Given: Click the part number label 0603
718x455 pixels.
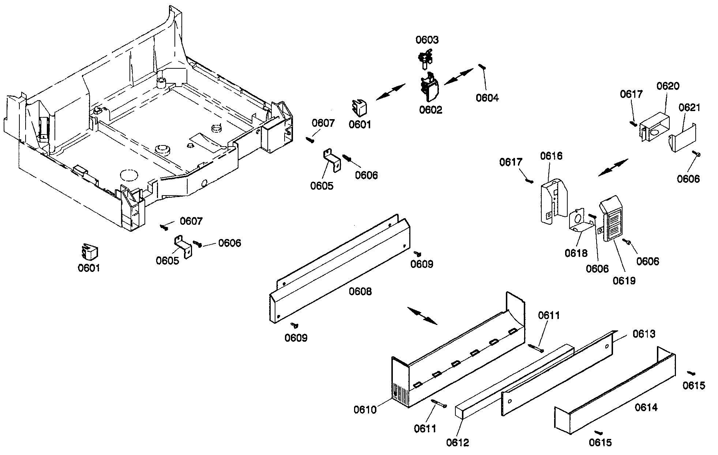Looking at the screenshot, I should tap(427, 40).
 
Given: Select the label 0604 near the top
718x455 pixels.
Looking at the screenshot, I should tap(487, 98).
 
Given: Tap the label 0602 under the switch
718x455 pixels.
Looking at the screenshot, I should tap(431, 110).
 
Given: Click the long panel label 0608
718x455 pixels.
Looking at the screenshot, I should tap(360, 292).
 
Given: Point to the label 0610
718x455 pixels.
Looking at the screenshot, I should tap(365, 410).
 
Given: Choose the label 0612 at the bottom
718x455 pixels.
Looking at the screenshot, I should tap(457, 443).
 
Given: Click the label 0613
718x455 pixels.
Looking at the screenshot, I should tap(644, 334).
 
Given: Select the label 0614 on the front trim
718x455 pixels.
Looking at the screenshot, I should tap(646, 407).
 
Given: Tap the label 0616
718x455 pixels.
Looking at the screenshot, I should tap(551, 156).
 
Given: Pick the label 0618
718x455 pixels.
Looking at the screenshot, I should tap(576, 253).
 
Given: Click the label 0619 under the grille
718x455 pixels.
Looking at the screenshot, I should tap(624, 281).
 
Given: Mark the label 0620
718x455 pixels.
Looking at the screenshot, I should tap(668, 86).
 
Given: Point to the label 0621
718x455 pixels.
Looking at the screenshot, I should tap(689, 108).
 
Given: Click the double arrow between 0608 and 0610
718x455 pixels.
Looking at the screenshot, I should tap(422, 316).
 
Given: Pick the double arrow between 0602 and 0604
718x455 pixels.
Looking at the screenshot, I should tap(459, 77).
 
